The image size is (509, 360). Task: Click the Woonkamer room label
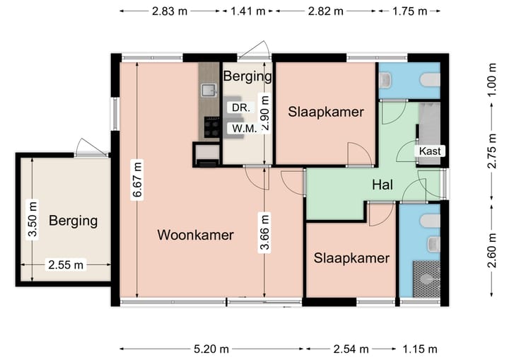coord(195,235)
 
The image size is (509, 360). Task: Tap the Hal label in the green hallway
coord(382,185)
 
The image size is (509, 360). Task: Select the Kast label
coord(430,151)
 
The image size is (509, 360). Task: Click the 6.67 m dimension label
coord(137,180)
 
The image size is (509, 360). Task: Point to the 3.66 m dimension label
coord(264,232)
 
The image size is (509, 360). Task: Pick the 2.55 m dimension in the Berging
coord(66,265)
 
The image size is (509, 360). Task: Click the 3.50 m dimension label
coord(33,220)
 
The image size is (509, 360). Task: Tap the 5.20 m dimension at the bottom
coord(211,349)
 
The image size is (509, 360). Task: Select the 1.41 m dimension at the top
coord(247,11)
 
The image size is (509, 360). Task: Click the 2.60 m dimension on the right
coord(492,250)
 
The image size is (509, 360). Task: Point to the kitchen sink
coord(209,90)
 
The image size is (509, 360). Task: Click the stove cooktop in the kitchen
coord(211,127)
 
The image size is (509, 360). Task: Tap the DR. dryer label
coord(241,108)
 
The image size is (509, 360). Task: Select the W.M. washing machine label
coord(244,128)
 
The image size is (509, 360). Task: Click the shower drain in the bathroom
coord(426,279)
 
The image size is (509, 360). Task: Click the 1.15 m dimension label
coord(420,349)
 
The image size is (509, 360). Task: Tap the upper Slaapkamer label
coord(326,112)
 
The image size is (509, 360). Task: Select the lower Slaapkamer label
coord(351,258)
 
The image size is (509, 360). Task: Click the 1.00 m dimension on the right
coord(492,80)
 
